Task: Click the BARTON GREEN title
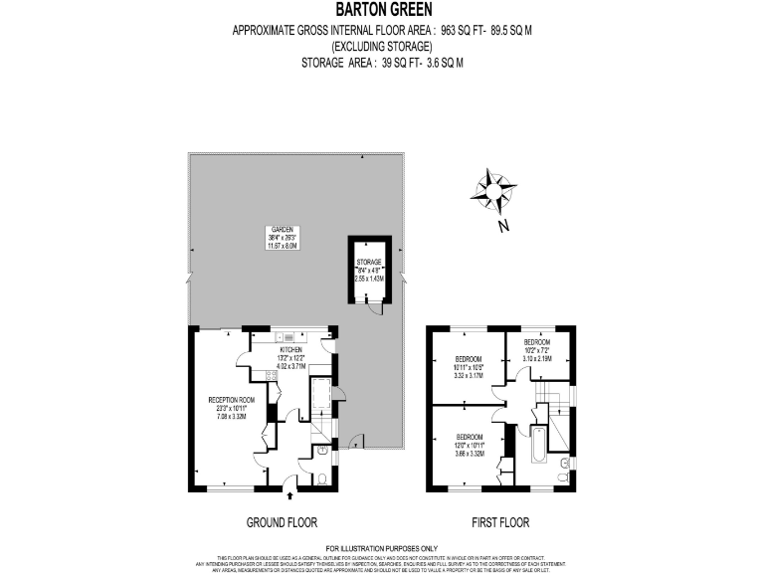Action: (382, 11)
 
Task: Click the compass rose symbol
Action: (493, 189)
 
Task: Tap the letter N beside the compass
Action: (503, 226)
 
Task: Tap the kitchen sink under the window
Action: (281, 337)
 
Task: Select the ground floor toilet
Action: (325, 480)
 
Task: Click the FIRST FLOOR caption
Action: (501, 522)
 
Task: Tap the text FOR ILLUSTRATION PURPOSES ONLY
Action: (382, 547)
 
